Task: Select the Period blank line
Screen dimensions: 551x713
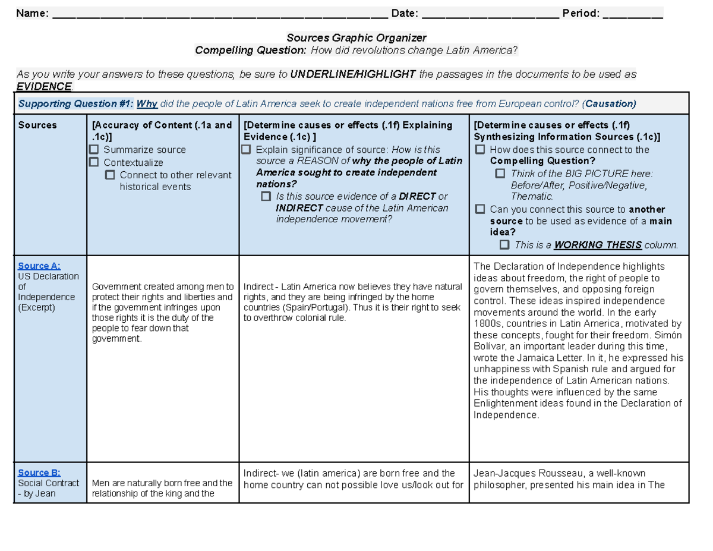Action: [632, 15]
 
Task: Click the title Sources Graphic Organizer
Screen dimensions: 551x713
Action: [356, 38]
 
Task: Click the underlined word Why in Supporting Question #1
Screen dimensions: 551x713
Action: [147, 104]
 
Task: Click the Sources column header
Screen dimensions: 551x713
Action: [37, 125]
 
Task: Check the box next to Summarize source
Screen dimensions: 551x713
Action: [94, 150]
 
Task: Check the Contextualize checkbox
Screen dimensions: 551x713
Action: [94, 162]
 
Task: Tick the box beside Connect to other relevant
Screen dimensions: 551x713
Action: [110, 175]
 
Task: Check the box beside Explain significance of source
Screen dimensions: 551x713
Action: [247, 150]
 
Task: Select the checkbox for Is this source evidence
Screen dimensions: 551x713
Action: [266, 197]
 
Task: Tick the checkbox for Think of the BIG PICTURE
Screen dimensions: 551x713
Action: [500, 174]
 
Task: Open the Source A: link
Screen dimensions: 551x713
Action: [39, 266]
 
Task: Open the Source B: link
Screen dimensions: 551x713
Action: [39, 473]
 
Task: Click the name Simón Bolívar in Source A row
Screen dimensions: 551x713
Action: [660, 335]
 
